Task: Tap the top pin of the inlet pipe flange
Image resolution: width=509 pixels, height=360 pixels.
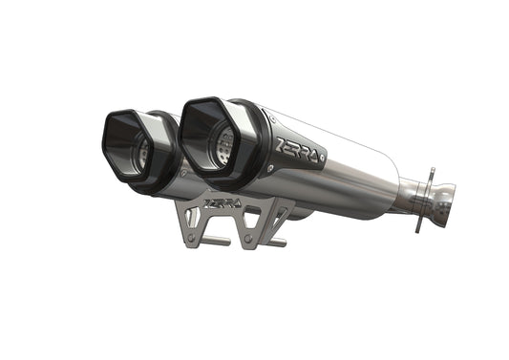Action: click(x=429, y=172)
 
